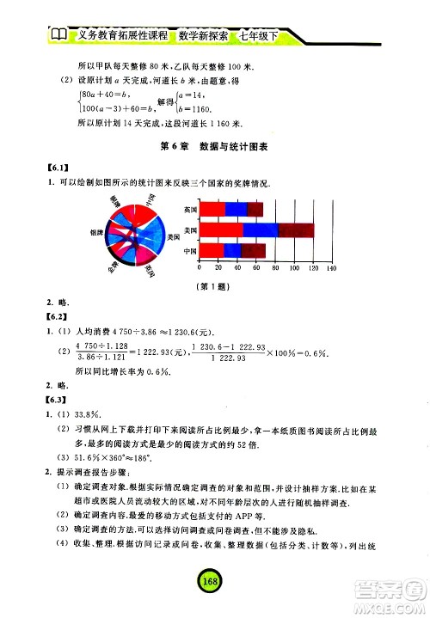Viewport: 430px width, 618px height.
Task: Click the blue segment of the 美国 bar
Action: point(261,230)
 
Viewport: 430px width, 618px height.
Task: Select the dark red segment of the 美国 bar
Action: point(296,230)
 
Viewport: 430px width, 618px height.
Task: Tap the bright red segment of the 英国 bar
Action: point(212,209)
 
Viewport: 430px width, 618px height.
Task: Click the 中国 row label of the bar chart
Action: point(191,251)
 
